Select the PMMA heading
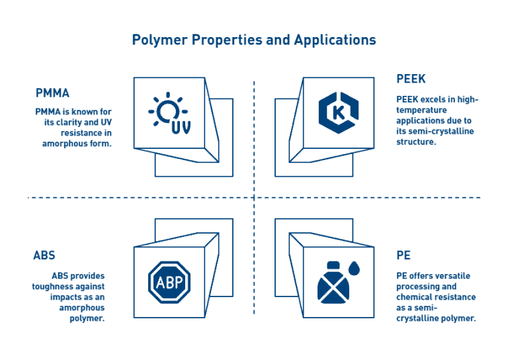pos(52,93)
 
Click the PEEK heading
pos(411,79)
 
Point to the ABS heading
pos(44,255)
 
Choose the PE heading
pos(403,255)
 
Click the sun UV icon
pos(169,113)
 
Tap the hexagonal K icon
pos(339,112)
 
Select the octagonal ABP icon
pos(169,282)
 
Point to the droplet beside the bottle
pos(354,268)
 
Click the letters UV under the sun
pos(181,127)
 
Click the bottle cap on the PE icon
pos(333,265)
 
